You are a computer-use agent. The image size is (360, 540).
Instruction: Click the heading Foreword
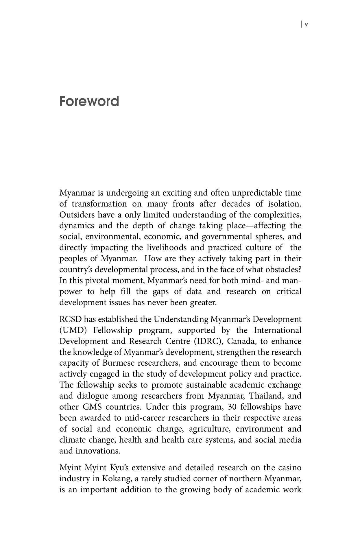[89, 102]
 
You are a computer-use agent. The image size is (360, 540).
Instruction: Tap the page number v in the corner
[306, 25]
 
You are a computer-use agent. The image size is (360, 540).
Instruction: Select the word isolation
[285, 204]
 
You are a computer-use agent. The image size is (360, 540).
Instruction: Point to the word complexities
[278, 215]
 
